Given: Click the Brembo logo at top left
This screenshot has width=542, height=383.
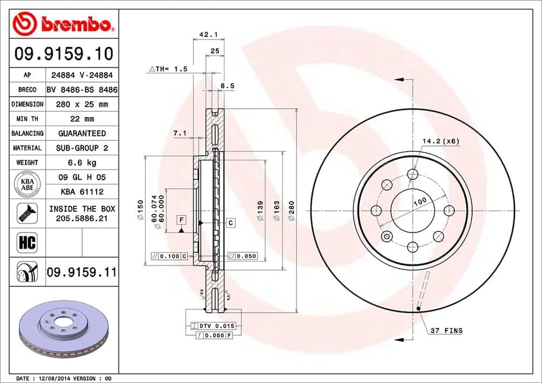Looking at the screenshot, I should click(64, 24).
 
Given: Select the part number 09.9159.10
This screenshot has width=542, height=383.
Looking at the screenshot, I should click(64, 54).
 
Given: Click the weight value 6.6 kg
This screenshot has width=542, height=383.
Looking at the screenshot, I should click(81, 163).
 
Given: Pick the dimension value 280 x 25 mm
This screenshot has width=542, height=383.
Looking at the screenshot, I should click(81, 104).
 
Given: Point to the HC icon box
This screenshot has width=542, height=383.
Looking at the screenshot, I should click(27, 242).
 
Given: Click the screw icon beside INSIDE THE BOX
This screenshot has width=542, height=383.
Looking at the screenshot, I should click(27, 213).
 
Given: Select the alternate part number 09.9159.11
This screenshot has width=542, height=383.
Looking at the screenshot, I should click(81, 272).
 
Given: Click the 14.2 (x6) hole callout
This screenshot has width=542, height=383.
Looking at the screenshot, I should click(441, 141).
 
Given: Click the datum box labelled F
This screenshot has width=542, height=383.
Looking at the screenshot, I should click(181, 219).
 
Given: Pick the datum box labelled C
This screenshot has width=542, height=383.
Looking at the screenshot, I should click(230, 223).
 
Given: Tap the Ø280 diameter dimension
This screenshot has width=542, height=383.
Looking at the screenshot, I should click(291, 211).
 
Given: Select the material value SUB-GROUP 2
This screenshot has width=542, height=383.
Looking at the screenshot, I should click(81, 148).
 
